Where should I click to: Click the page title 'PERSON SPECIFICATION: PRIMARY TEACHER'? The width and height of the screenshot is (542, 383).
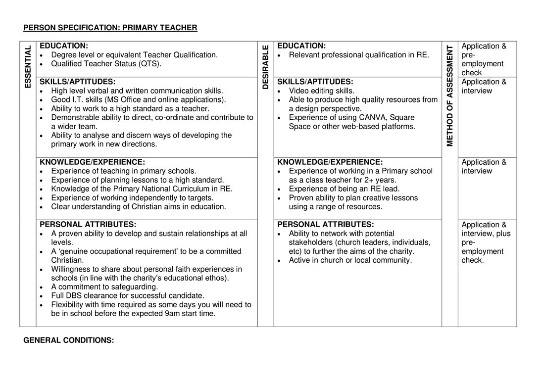click(x=110, y=28)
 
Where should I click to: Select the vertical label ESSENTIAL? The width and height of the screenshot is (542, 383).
click(x=28, y=67)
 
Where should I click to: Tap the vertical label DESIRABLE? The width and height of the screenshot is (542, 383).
click(x=266, y=67)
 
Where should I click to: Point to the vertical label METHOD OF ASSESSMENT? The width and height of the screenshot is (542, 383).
click(x=450, y=96)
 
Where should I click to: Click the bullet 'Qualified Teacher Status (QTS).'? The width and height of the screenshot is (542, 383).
click(x=106, y=64)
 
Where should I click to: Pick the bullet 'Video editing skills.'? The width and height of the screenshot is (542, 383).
click(x=321, y=91)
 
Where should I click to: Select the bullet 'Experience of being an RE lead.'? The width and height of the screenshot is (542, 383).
click(x=344, y=189)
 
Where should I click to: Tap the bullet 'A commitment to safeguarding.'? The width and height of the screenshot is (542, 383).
click(x=104, y=287)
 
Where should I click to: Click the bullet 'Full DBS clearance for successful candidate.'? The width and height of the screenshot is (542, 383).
click(x=127, y=296)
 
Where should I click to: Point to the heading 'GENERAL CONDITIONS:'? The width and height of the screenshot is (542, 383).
click(x=68, y=340)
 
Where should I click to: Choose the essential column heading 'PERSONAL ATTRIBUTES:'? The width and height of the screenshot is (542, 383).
click(x=88, y=225)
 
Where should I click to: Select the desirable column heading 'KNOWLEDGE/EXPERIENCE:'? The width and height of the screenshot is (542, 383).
click(x=330, y=162)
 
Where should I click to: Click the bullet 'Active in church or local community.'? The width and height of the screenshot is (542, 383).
click(x=350, y=260)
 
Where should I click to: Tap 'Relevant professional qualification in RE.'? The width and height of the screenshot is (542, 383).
click(x=358, y=55)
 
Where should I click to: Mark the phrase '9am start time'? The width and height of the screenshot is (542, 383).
click(x=191, y=314)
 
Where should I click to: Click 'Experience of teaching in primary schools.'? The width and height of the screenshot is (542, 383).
click(x=123, y=171)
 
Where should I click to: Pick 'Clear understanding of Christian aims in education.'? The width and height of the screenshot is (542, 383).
click(x=138, y=207)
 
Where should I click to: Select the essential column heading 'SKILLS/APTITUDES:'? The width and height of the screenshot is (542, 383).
click(x=77, y=82)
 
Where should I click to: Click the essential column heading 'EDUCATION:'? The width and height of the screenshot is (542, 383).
click(x=64, y=46)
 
